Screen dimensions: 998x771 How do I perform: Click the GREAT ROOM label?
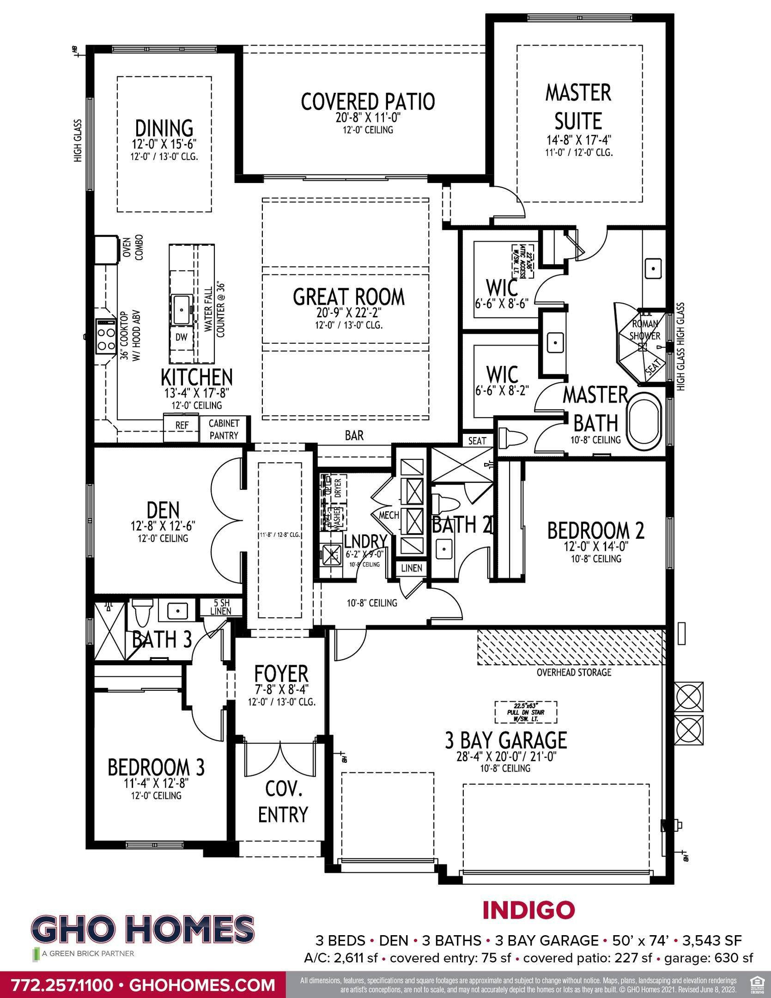coord(349,297)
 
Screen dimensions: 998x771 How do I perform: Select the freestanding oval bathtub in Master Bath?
coord(644,420)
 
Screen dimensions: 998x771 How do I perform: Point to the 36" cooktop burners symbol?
coord(105,336)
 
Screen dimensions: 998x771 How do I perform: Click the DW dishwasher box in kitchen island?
coord(181,337)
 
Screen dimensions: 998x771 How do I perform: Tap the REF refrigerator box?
coord(182,425)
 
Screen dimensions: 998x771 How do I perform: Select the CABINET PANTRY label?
coord(224,429)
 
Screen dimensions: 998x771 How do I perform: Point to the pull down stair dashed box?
coord(526,712)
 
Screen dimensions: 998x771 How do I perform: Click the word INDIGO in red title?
coord(528,910)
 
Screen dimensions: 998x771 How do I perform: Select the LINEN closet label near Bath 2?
coord(411,568)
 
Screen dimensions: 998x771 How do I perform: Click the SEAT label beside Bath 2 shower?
coord(477,440)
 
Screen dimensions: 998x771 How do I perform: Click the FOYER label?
coord(281,673)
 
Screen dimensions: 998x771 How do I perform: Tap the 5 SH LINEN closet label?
coord(220,607)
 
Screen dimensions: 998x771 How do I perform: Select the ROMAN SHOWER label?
coord(645,329)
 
